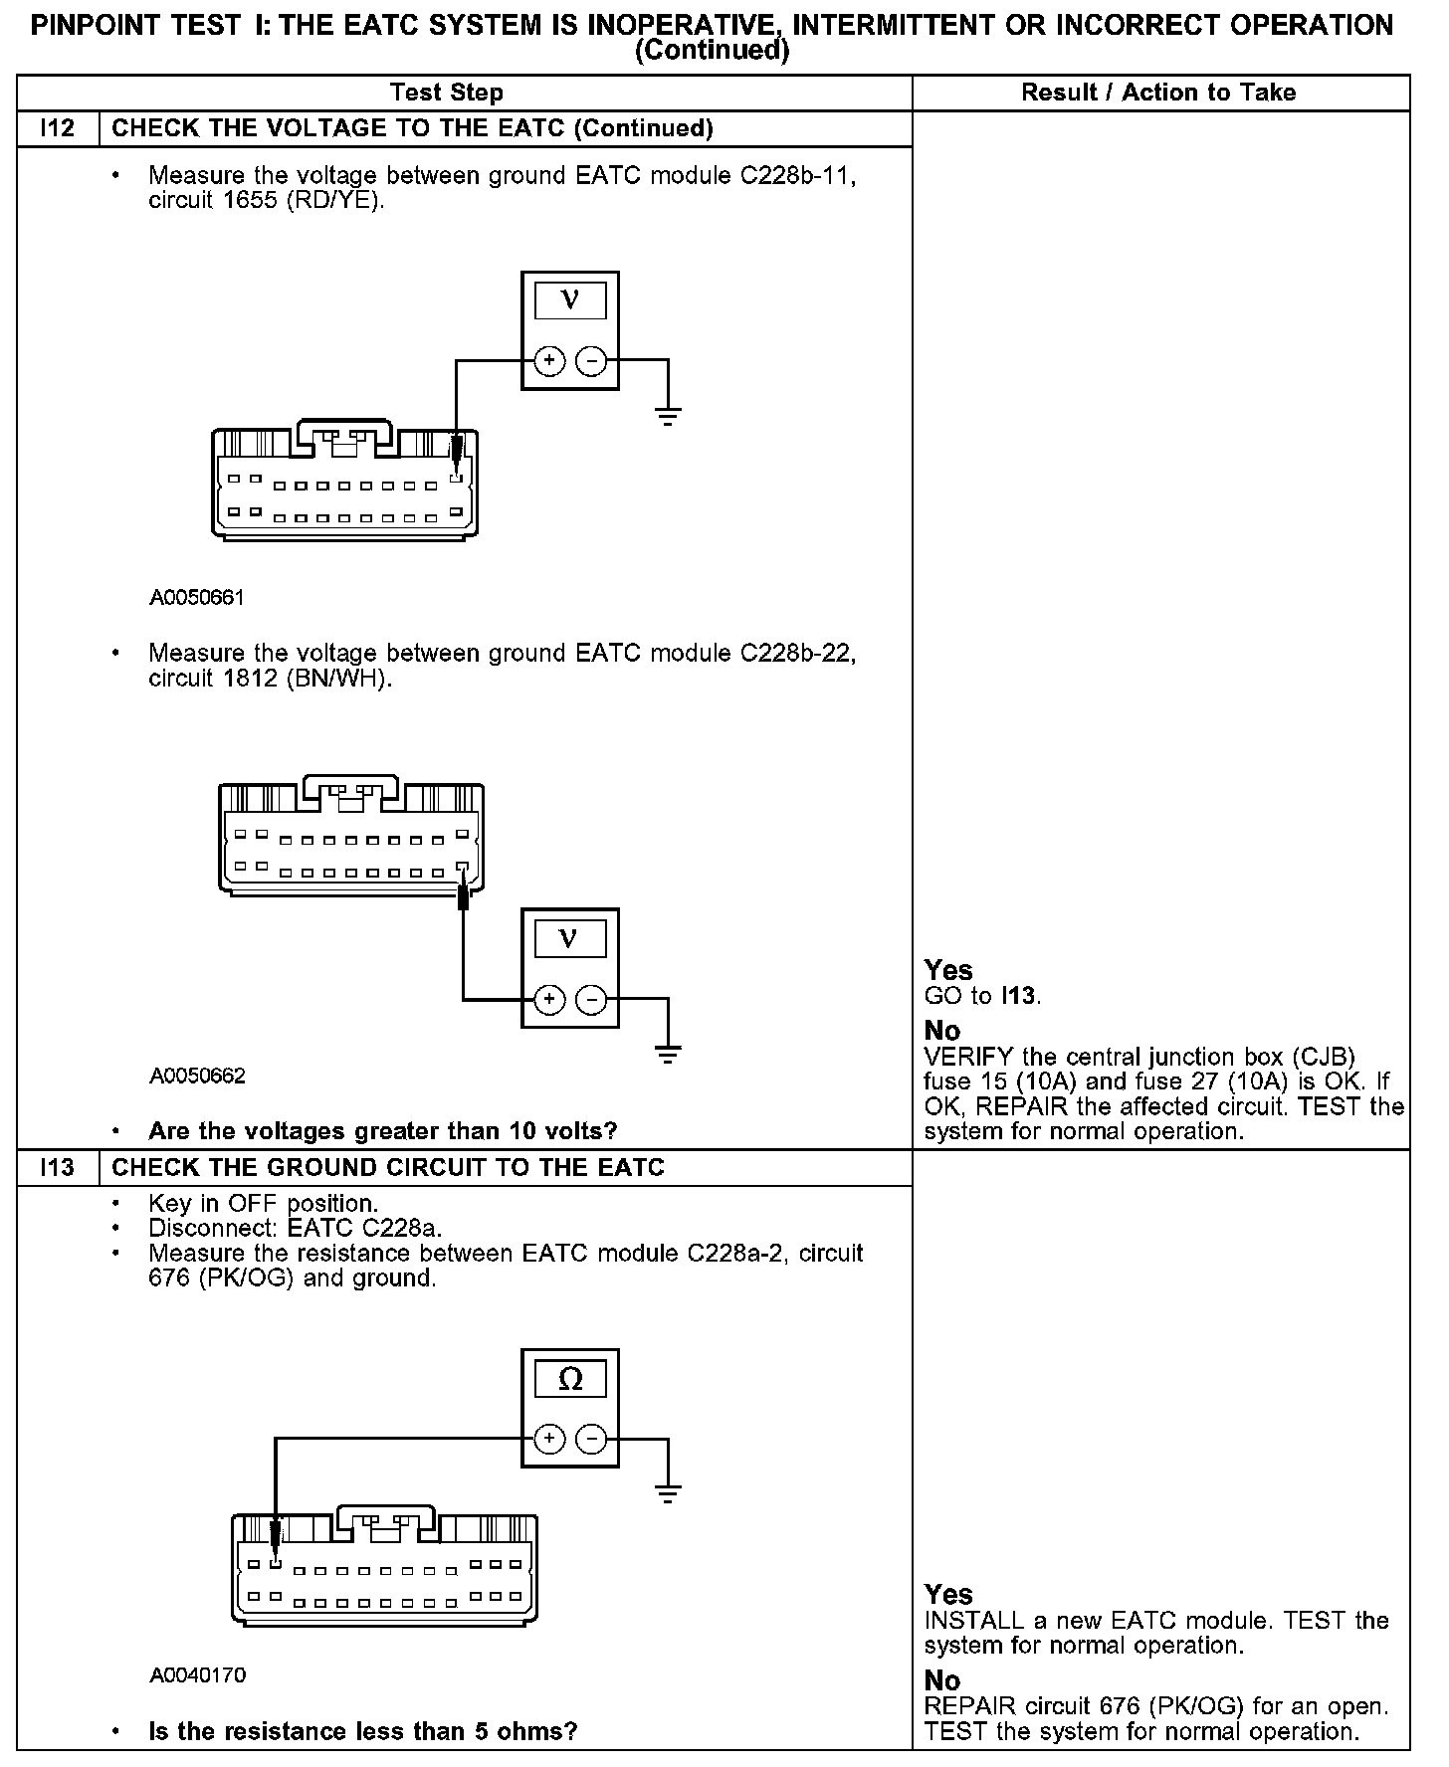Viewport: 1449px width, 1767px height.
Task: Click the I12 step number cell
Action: (58, 128)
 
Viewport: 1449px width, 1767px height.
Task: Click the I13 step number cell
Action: (58, 1167)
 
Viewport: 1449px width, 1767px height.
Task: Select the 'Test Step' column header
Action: (447, 93)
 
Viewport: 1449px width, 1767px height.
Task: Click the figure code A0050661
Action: (197, 598)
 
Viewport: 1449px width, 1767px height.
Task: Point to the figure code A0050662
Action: (197, 1077)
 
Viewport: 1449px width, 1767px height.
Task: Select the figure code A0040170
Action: (197, 1675)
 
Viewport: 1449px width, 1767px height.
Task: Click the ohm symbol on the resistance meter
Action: (570, 1379)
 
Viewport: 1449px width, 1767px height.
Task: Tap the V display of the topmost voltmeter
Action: (570, 299)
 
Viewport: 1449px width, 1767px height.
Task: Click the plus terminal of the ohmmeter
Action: (549, 1439)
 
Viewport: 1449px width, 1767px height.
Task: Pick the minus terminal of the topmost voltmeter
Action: (591, 360)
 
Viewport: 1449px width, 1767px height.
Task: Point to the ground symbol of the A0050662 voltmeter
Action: (668, 1053)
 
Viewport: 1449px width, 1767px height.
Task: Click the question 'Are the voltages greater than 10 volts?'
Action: (382, 1131)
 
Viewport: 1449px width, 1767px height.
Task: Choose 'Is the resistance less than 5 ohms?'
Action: (362, 1732)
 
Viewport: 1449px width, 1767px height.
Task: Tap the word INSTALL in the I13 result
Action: (973, 1621)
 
